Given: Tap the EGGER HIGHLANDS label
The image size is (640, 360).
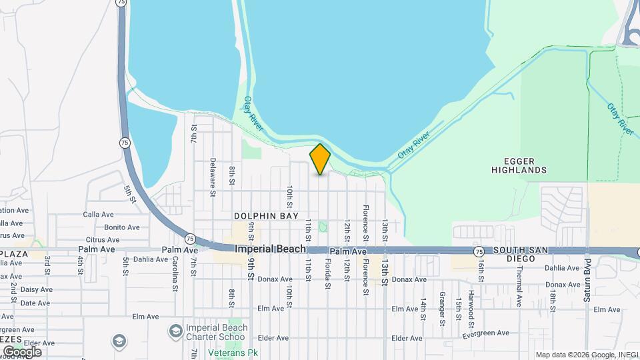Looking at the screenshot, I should coord(519,165).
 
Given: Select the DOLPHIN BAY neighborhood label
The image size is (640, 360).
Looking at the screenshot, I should coord(261,216).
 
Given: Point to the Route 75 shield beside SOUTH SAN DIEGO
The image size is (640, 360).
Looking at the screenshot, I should coord(479,251).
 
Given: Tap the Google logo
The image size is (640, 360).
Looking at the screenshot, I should coord(22,351).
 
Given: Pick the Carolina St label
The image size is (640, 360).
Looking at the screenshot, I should coord(175,274).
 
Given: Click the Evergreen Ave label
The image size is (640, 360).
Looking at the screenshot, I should coord(485,333).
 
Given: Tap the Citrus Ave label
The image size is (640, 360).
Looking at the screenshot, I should coord(103,240).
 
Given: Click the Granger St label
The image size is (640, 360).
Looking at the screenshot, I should coord(442,309).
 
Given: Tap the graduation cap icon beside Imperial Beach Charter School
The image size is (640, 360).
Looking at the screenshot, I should coord(175,331).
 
